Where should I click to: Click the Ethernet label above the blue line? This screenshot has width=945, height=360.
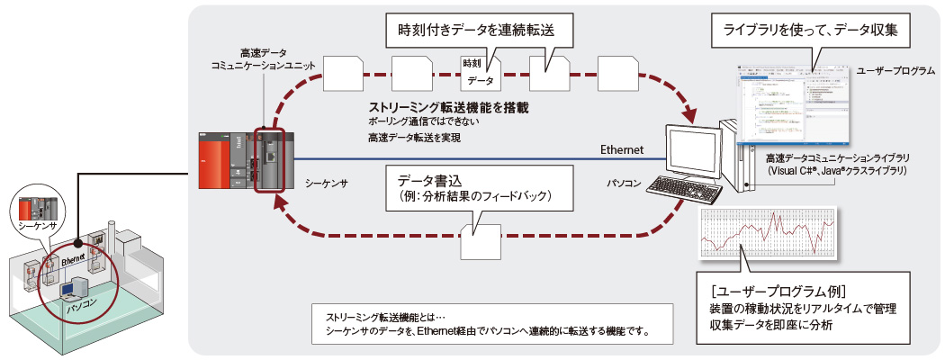[622, 149]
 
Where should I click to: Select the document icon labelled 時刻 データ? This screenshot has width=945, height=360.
[481, 73]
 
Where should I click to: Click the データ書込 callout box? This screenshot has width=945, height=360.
[475, 186]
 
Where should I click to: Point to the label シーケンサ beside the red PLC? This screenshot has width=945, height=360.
[325, 181]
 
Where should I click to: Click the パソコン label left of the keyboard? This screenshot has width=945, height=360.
[624, 183]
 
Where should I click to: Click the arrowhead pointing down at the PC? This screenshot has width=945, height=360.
[692, 116]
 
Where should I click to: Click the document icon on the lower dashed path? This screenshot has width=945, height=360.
[479, 242]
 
